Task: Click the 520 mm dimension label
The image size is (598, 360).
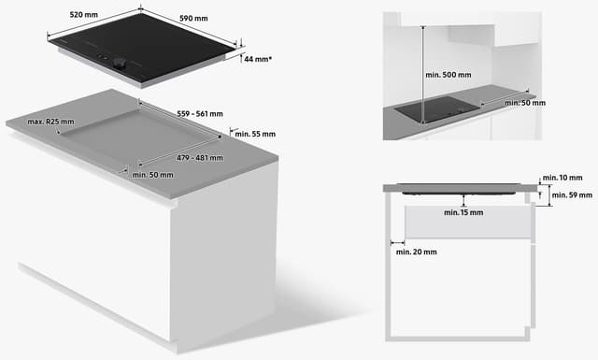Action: (83, 15)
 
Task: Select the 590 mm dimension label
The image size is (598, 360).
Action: (193, 19)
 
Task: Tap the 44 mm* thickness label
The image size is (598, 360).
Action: (258, 59)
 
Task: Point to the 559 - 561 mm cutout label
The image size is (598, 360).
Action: (200, 114)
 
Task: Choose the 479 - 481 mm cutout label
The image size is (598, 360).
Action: (200, 158)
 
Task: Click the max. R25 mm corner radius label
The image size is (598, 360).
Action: (50, 122)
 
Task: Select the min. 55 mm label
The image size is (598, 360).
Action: (255, 134)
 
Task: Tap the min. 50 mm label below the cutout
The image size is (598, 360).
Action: (152, 175)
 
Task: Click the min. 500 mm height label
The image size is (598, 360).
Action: (448, 75)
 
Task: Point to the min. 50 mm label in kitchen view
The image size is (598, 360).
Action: (525, 103)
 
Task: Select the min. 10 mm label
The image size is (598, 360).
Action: (562, 178)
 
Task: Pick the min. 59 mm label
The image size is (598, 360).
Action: (572, 195)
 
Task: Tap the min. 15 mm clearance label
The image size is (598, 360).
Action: (463, 212)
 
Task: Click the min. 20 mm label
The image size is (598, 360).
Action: (417, 252)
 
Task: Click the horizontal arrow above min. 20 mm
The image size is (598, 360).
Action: (397, 242)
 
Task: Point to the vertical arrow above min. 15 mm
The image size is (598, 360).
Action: (463, 200)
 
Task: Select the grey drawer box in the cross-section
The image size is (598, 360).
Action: (468, 222)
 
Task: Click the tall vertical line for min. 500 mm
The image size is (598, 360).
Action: (423, 75)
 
